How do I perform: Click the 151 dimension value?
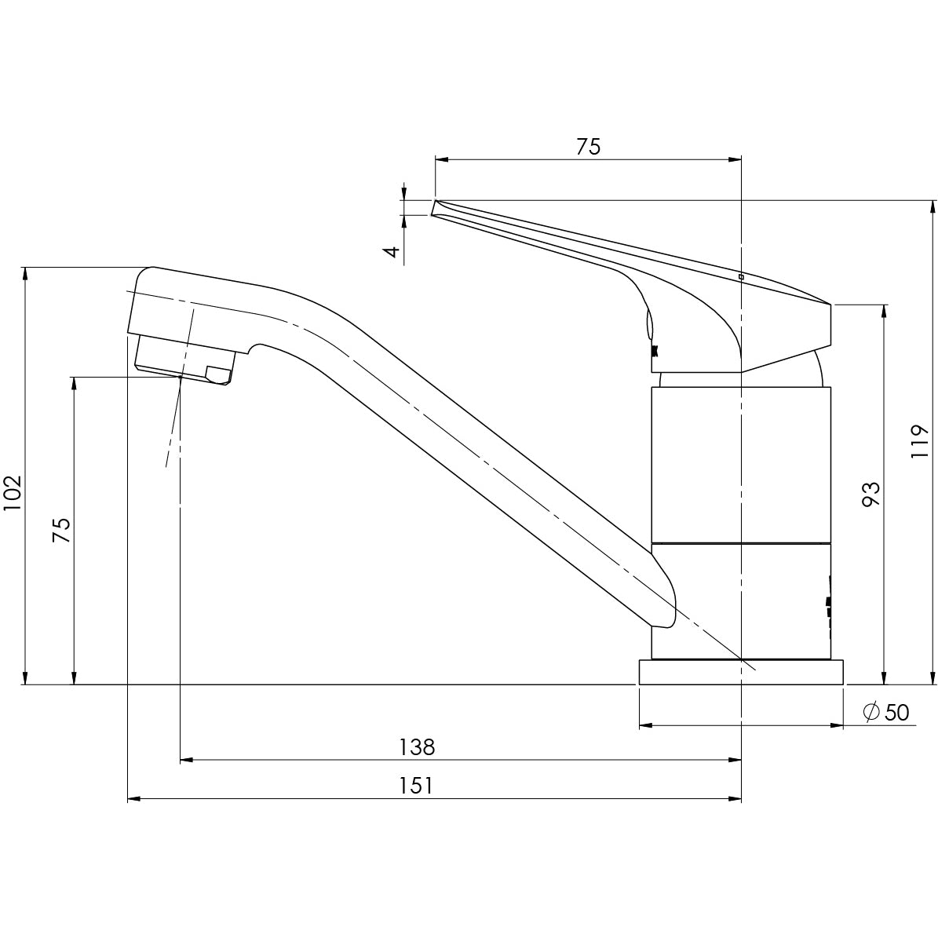coord(416,786)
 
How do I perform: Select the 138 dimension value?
coord(416,746)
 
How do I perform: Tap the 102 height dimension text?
coord(13,494)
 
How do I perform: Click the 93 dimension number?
coord(870,495)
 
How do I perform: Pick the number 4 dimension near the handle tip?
coord(392,252)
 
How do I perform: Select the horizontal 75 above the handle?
coord(588,147)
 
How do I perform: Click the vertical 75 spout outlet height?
coord(62,531)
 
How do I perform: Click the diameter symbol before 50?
coord(870,713)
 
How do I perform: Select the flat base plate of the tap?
coord(740,672)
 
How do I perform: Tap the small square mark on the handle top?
coord(741,276)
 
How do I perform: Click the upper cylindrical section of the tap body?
coord(740,463)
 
